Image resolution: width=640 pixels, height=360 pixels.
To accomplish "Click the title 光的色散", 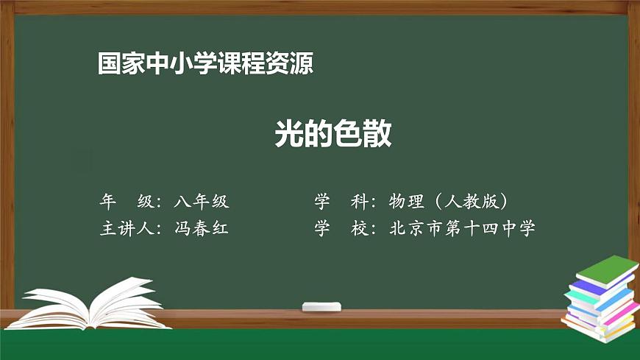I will point(333,134).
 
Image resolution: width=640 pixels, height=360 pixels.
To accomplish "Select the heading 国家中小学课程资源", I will point(206,64).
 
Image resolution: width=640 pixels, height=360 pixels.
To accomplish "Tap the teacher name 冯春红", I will point(202,228).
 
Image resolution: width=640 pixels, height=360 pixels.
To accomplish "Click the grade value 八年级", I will point(202,201).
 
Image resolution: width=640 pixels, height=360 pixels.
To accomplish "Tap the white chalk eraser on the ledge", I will point(321,306).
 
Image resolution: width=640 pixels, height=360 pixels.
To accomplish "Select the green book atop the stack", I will point(605,269).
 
